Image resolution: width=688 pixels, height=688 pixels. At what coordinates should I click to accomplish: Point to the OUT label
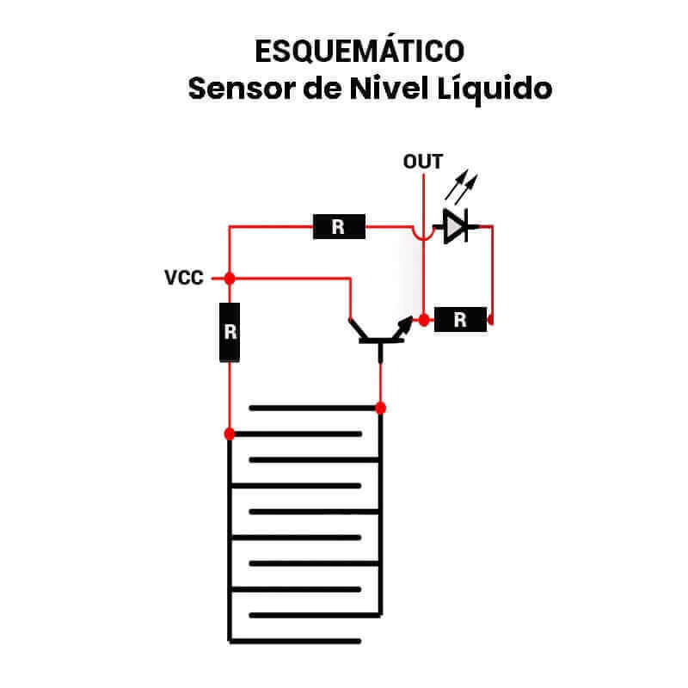pyautogui.click(x=423, y=162)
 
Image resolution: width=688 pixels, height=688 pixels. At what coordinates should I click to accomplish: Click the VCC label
pyautogui.click(x=184, y=279)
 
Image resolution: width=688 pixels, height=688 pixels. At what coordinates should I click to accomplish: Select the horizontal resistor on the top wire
pyautogui.click(x=338, y=227)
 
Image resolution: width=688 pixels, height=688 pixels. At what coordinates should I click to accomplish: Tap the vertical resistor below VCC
pyautogui.click(x=230, y=332)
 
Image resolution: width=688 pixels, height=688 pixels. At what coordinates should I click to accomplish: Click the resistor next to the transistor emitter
pyautogui.click(x=460, y=320)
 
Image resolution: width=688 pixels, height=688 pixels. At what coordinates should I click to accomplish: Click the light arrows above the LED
pyautogui.click(x=464, y=185)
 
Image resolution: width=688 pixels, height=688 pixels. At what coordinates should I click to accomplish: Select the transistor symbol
pyautogui.click(x=379, y=335)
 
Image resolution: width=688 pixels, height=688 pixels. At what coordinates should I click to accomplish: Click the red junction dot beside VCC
pyautogui.click(x=230, y=278)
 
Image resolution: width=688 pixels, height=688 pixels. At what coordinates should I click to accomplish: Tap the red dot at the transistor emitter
pyautogui.click(x=423, y=320)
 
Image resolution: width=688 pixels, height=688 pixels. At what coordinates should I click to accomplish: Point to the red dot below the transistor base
pyautogui.click(x=380, y=407)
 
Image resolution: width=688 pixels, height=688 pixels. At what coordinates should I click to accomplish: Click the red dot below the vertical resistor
pyautogui.click(x=230, y=433)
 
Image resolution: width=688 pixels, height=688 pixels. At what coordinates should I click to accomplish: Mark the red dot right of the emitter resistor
pyautogui.click(x=490, y=322)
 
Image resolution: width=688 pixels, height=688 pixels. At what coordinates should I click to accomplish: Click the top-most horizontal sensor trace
pyautogui.click(x=314, y=407)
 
